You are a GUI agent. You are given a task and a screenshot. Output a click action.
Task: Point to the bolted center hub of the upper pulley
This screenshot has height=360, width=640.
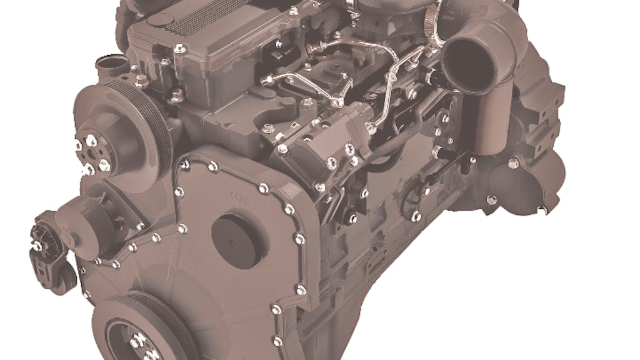tap(92, 153)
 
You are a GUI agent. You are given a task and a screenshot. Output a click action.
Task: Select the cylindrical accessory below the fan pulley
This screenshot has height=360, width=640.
tap(94, 216)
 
